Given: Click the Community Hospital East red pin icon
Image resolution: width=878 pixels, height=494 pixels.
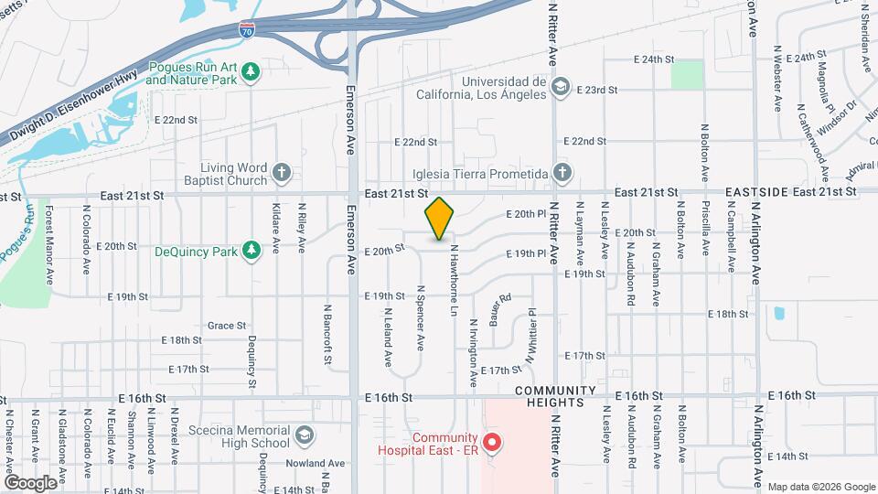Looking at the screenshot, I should (492, 444).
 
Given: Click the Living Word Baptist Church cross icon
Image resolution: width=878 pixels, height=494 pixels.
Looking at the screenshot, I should (283, 172).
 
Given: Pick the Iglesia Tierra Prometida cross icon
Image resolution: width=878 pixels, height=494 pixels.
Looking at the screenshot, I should (561, 173).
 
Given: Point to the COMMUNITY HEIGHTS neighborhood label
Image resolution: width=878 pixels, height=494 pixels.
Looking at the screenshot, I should (562, 397).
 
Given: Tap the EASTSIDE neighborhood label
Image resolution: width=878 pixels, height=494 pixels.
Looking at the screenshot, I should (756, 192).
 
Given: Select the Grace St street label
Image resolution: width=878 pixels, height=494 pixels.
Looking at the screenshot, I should (227, 325).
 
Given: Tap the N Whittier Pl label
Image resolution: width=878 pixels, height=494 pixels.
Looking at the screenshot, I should (529, 338).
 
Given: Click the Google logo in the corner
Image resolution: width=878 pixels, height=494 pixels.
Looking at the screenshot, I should (30, 482).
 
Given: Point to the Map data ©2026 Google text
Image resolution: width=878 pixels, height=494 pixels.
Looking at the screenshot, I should (820, 486).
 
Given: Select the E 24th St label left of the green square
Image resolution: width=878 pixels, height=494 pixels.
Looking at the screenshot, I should (654, 59).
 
